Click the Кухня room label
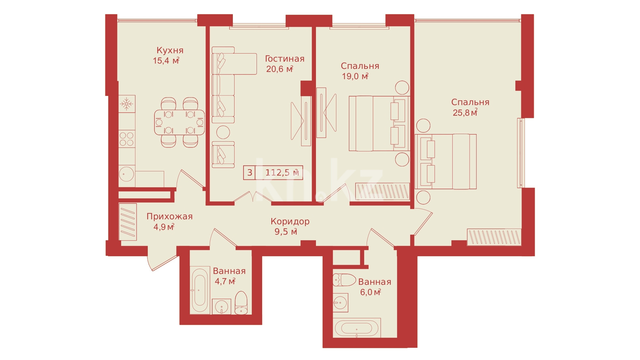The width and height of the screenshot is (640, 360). [170, 51]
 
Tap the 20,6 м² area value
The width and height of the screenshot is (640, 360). [280, 69]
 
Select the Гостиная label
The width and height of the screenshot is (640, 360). [285, 59]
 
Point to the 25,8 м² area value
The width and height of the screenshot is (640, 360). [465, 112]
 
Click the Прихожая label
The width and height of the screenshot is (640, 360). [169, 217]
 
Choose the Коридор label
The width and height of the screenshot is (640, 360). [290, 222]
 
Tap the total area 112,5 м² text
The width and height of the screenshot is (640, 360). [282, 172]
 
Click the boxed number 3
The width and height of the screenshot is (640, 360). [250, 173]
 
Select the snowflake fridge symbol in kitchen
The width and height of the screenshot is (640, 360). [126, 104]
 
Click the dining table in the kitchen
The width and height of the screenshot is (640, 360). [179, 122]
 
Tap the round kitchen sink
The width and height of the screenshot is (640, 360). [126, 173]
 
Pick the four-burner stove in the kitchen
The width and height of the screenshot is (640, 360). [126, 139]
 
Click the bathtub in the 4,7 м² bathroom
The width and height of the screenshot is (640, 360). [199, 290]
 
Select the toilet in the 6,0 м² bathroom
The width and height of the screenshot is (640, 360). [344, 280]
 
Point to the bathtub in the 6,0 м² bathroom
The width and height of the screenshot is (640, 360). [356, 328]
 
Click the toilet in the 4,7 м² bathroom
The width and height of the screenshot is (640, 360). [241, 303]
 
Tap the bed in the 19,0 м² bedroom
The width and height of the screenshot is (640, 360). [380, 124]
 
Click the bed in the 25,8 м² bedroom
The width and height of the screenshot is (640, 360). [446, 162]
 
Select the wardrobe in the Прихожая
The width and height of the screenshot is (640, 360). [128, 222]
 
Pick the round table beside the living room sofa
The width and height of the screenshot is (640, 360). [223, 132]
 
